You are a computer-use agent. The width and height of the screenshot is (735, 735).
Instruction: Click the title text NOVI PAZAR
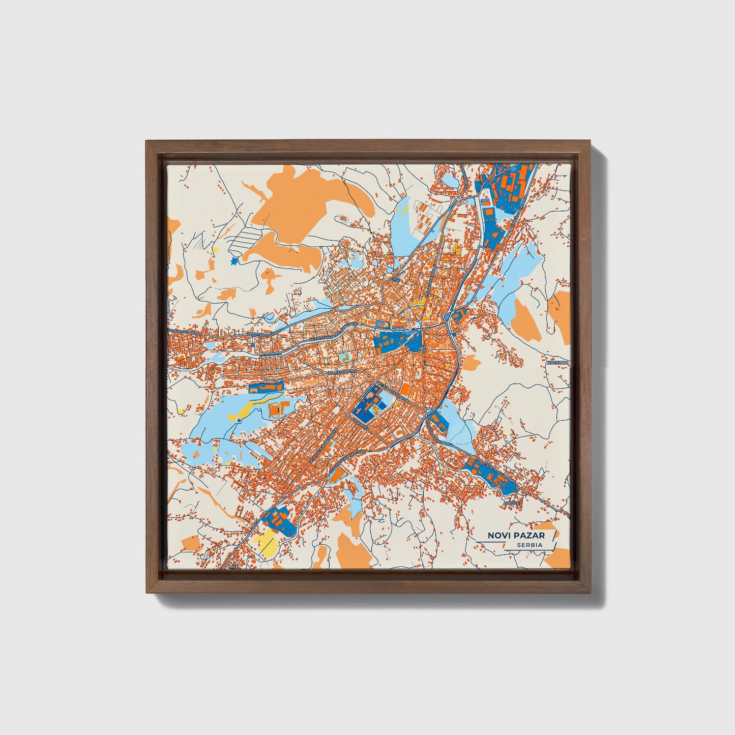(516, 535)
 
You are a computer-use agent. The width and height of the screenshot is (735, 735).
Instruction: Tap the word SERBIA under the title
(530, 545)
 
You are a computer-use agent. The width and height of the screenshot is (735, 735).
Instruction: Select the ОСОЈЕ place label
(511, 503)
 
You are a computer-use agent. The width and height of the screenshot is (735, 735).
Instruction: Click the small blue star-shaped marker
(234, 261)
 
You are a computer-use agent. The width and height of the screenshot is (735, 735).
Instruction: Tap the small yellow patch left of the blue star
(215, 249)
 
